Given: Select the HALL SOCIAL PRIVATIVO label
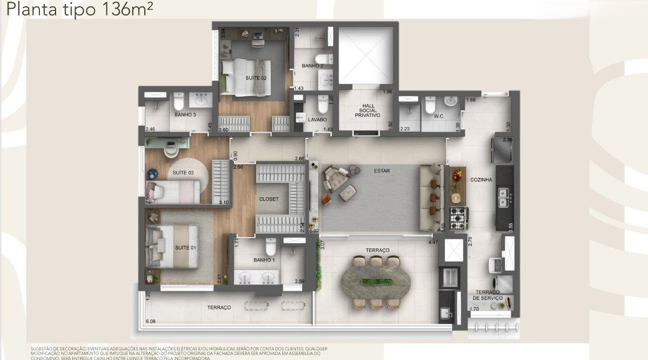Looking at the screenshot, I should [368, 110].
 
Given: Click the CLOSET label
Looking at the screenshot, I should [269, 199].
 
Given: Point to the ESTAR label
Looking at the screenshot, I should [382, 170].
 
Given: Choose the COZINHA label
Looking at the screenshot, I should [481, 180].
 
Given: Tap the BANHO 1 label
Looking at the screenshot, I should [264, 260].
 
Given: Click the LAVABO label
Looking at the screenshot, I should [317, 120].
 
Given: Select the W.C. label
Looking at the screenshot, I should [439, 117].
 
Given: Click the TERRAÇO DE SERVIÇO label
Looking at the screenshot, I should [487, 295].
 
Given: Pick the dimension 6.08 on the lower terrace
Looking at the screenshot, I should [152, 322].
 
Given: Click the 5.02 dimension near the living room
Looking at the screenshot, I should [313, 231].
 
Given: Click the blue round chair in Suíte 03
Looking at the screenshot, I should [152, 174].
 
